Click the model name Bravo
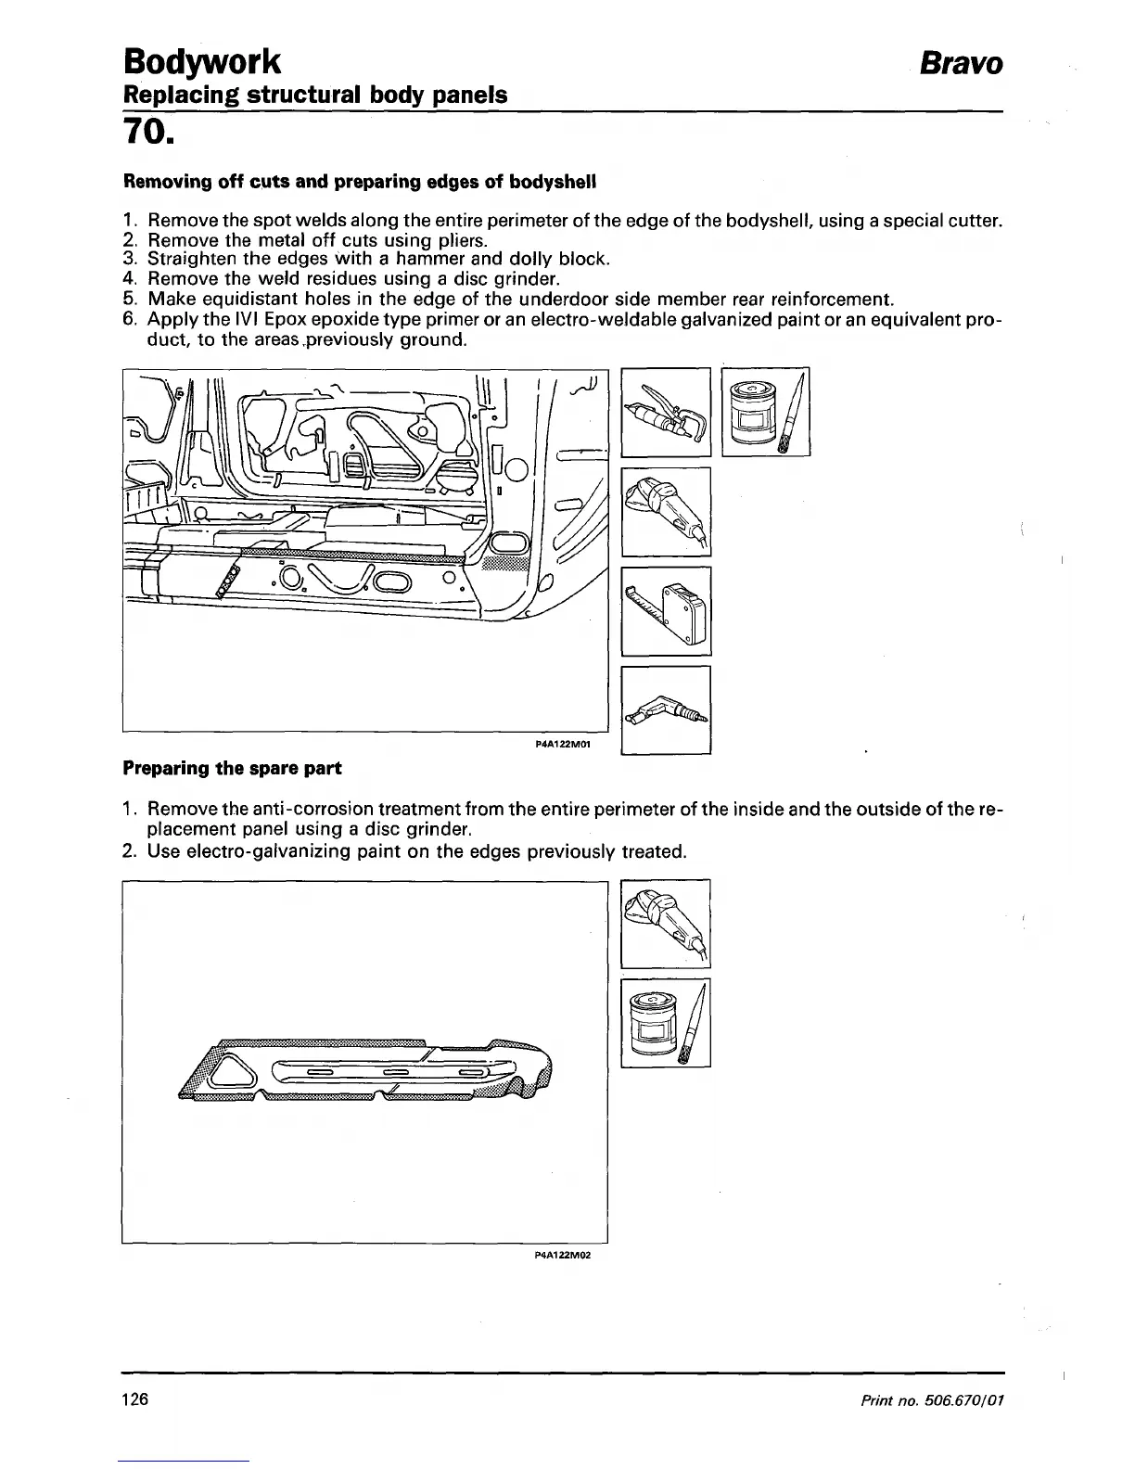[961, 63]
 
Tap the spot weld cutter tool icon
[666, 412]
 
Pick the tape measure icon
[666, 610]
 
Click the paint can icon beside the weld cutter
[765, 412]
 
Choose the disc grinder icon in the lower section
[666, 924]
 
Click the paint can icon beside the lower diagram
[666, 1022]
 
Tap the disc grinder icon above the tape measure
[666, 512]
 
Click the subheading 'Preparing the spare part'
[232, 769]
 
